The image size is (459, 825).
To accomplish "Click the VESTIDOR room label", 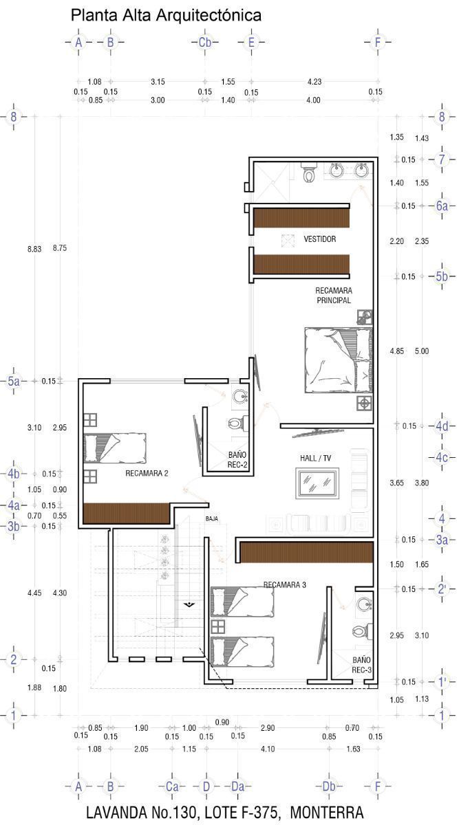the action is [319, 239].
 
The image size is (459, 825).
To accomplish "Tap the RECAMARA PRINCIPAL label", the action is [334, 296].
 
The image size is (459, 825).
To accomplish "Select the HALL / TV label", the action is [315, 458].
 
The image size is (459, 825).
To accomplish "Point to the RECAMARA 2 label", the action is [147, 473].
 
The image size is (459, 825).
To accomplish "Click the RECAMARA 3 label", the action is [285, 585].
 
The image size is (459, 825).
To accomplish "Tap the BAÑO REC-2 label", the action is [237, 460].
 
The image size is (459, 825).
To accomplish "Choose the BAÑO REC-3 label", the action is [361, 665].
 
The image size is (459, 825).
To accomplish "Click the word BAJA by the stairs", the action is [212, 518].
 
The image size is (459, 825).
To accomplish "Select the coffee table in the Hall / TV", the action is [317, 483].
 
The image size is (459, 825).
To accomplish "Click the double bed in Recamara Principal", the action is [339, 360].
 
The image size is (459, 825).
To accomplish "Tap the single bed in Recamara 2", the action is [115, 448].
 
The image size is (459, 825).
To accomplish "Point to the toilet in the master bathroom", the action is [308, 173].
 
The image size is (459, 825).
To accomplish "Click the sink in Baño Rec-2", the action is [240, 396].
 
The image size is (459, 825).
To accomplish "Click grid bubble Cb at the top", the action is [205, 43].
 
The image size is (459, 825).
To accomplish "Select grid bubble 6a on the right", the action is [442, 206].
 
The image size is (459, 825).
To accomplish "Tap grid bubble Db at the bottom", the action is [329, 786].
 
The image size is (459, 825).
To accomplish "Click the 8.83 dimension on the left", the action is [34, 249].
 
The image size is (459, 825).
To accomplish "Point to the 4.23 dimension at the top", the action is [314, 82].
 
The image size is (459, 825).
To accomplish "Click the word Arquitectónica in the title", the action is [209, 16].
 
